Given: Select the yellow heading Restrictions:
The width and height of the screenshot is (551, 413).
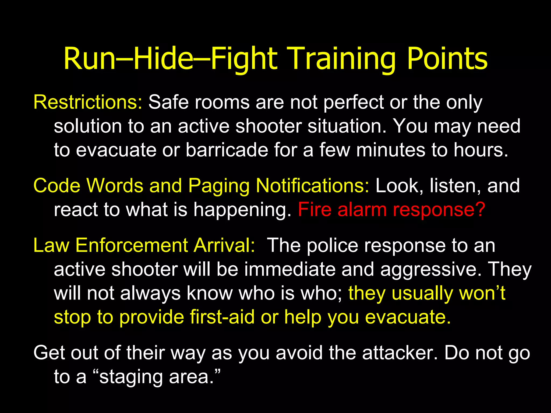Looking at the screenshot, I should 88,102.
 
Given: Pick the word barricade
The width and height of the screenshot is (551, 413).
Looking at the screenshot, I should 227,150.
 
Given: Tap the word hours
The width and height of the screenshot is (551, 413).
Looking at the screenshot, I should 481,150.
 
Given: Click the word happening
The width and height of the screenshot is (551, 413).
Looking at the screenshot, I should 242,210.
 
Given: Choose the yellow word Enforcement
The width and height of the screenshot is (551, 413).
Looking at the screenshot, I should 131,245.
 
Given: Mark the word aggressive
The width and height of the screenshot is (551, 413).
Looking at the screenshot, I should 431,270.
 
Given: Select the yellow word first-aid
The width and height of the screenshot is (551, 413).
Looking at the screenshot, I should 222,317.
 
